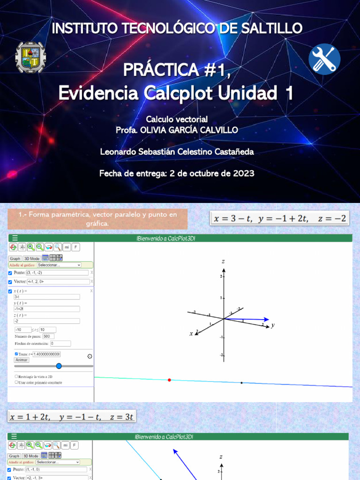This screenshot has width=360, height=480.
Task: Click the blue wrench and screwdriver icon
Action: click(324, 59)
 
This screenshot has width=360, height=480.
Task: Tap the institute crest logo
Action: click(30, 57)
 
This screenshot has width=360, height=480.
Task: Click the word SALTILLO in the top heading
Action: click(274, 28)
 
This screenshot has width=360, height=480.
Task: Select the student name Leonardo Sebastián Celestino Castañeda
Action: click(177, 152)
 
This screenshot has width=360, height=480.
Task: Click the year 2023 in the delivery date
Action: click(243, 173)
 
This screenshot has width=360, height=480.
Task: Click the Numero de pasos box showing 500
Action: click(48, 336)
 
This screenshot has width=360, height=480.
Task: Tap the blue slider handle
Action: click(59, 366)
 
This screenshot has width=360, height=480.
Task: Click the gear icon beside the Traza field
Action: click(90, 356)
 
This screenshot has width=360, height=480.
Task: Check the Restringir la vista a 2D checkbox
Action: click(16, 376)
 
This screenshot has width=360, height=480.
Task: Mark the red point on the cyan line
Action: click(169, 380)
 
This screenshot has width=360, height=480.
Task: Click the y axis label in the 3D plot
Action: click(272, 325)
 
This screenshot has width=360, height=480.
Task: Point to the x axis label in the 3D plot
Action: click(191, 334)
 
